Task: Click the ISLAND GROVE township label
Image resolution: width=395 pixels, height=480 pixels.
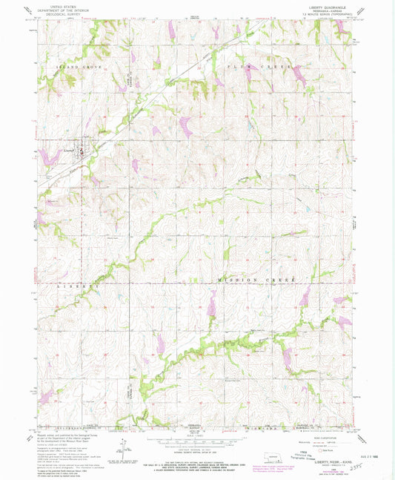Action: tap(78, 68)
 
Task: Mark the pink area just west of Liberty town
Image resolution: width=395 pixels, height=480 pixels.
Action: tap(50, 156)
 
